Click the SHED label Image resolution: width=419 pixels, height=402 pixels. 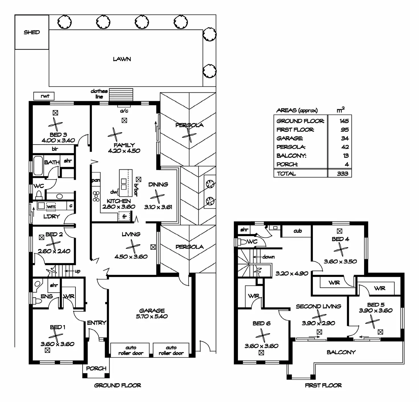click(32, 32)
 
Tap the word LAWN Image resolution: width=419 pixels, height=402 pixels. click(122, 59)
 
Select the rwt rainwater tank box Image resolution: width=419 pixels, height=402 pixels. click(44, 96)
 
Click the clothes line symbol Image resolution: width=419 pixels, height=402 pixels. click(121, 95)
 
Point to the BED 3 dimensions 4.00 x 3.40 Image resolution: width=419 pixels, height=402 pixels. click(58, 141)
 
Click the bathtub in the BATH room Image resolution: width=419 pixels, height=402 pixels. click(38, 165)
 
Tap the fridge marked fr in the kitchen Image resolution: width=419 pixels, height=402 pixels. click(124, 216)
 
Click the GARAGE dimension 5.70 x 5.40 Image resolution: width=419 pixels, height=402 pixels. click(152, 316)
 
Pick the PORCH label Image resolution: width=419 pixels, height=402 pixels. click(96, 368)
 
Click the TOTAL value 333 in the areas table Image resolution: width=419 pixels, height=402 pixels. click(342, 174)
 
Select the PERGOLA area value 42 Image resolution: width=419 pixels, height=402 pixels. click(345, 147)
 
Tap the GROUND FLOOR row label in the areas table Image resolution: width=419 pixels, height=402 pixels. click(300, 121)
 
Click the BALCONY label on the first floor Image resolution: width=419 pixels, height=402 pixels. click(341, 352)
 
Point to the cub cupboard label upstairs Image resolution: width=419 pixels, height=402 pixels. click(298, 231)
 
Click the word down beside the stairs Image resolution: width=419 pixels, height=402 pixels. click(268, 257)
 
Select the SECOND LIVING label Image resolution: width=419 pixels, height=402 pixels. click(319, 306)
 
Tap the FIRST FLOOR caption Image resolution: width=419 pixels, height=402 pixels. click(323, 385)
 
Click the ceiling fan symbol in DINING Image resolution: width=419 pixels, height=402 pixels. click(157, 196)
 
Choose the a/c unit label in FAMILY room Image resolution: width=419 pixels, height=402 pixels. click(124, 111)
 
